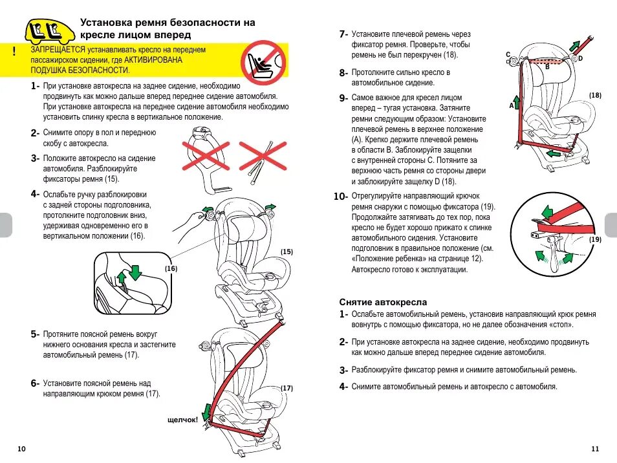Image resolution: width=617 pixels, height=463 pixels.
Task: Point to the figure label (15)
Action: (287, 251)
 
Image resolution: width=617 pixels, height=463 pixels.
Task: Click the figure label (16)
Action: (171, 268)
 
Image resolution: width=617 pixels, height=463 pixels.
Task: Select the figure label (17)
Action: (287, 388)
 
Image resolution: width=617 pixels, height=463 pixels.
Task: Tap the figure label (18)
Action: (595, 96)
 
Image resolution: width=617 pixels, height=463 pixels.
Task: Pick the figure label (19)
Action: (595, 239)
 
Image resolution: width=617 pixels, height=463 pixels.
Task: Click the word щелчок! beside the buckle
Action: (182, 420)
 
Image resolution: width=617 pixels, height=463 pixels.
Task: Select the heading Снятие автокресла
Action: (383, 302)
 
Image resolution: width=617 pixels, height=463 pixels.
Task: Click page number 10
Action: (22, 449)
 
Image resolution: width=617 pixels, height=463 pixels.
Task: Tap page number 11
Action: (595, 449)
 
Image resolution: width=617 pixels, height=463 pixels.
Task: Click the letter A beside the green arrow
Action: (511, 104)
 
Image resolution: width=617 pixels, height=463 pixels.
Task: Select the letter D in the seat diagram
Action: (580, 58)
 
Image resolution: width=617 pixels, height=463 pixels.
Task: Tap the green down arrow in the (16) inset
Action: (135, 272)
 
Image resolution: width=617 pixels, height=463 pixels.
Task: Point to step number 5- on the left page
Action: (35, 335)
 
